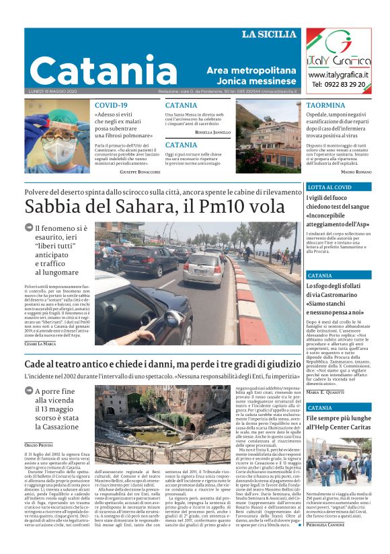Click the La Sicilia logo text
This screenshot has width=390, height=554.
(x=269, y=34)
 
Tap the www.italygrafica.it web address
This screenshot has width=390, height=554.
(x=339, y=74)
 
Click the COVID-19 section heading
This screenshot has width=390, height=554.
(x=111, y=106)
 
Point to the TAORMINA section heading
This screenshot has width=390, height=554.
(x=326, y=106)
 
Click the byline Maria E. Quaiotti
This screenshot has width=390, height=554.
(x=329, y=392)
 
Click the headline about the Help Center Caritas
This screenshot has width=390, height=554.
(x=339, y=422)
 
